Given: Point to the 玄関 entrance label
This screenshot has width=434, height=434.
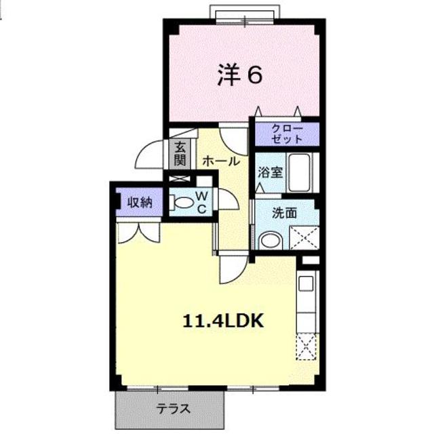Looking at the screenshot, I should [180, 154].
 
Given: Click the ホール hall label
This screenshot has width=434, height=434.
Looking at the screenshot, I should [220, 161].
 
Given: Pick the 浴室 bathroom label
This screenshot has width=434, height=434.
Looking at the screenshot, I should [270, 172].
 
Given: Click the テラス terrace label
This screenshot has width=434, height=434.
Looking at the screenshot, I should [173, 409].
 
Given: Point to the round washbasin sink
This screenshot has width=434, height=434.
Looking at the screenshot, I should [271, 240].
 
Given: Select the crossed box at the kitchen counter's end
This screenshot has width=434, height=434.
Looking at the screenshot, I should [307, 348].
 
